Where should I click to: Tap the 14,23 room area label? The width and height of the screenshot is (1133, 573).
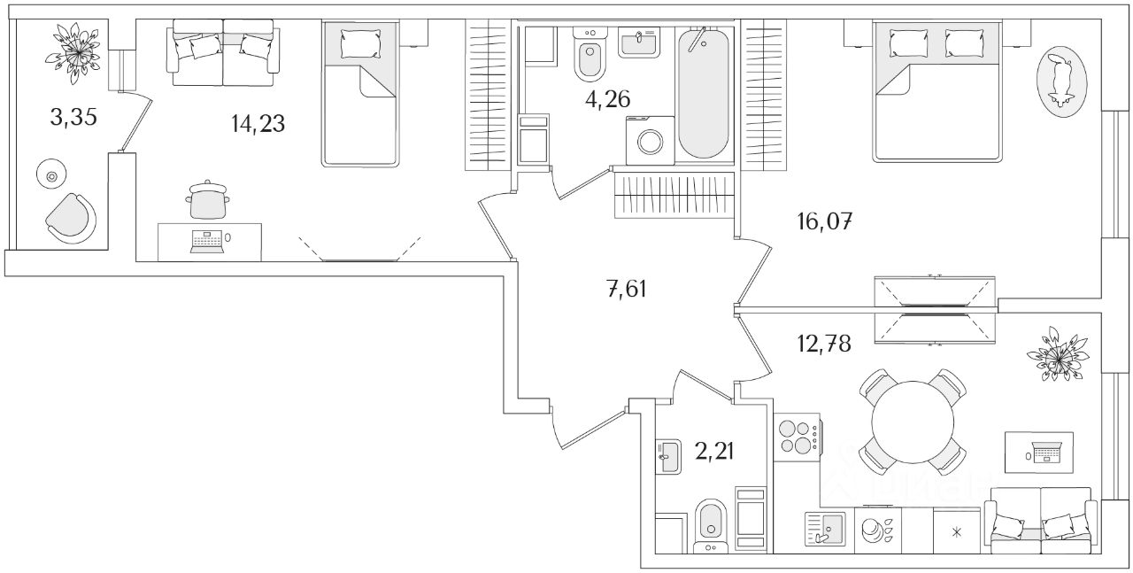(258, 124)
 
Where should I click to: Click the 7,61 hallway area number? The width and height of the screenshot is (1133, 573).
(627, 288)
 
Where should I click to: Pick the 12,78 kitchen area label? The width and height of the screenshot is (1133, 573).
(822, 344)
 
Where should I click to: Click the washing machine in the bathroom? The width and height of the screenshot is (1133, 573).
(650, 142)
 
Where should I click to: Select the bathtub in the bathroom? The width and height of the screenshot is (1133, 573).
(705, 92)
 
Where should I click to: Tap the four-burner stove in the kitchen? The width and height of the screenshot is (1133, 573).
(796, 437)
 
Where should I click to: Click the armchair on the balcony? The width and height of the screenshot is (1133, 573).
(71, 218)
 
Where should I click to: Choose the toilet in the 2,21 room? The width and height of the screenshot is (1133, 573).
(710, 524)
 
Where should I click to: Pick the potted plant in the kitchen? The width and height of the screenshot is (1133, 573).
(1058, 356)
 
